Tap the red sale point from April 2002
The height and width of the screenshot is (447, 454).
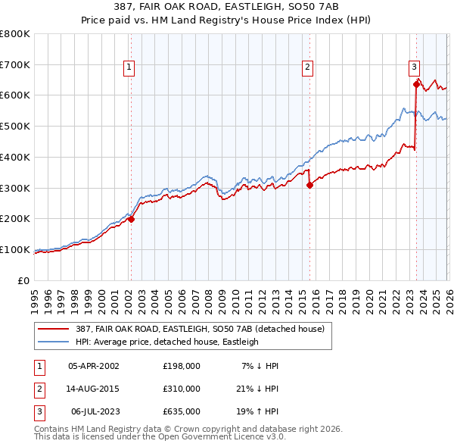[131, 220]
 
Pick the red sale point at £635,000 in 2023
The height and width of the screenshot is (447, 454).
[415, 85]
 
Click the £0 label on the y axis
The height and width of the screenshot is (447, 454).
[24, 281]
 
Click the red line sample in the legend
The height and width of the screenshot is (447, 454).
[55, 329]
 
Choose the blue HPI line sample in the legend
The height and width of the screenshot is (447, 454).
[55, 342]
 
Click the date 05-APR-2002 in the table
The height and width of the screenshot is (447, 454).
[94, 366]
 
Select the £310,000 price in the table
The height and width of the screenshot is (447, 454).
[181, 389]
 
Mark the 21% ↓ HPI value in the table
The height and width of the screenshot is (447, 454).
[260, 389]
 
